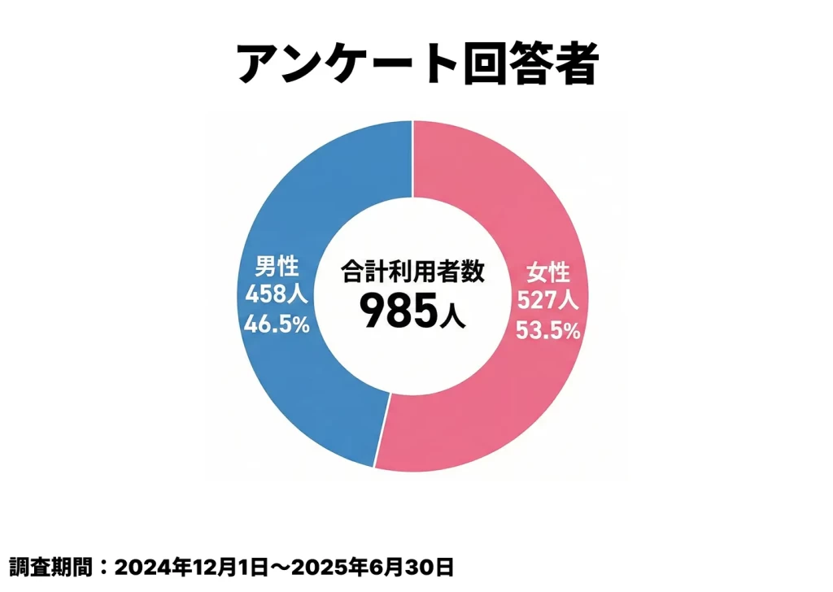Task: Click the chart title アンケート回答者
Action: pyautogui.click(x=417, y=63)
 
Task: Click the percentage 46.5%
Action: pyautogui.click(x=277, y=324)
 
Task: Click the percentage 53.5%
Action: pyautogui.click(x=548, y=330)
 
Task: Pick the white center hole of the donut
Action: pyautogui.click(x=412, y=358)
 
